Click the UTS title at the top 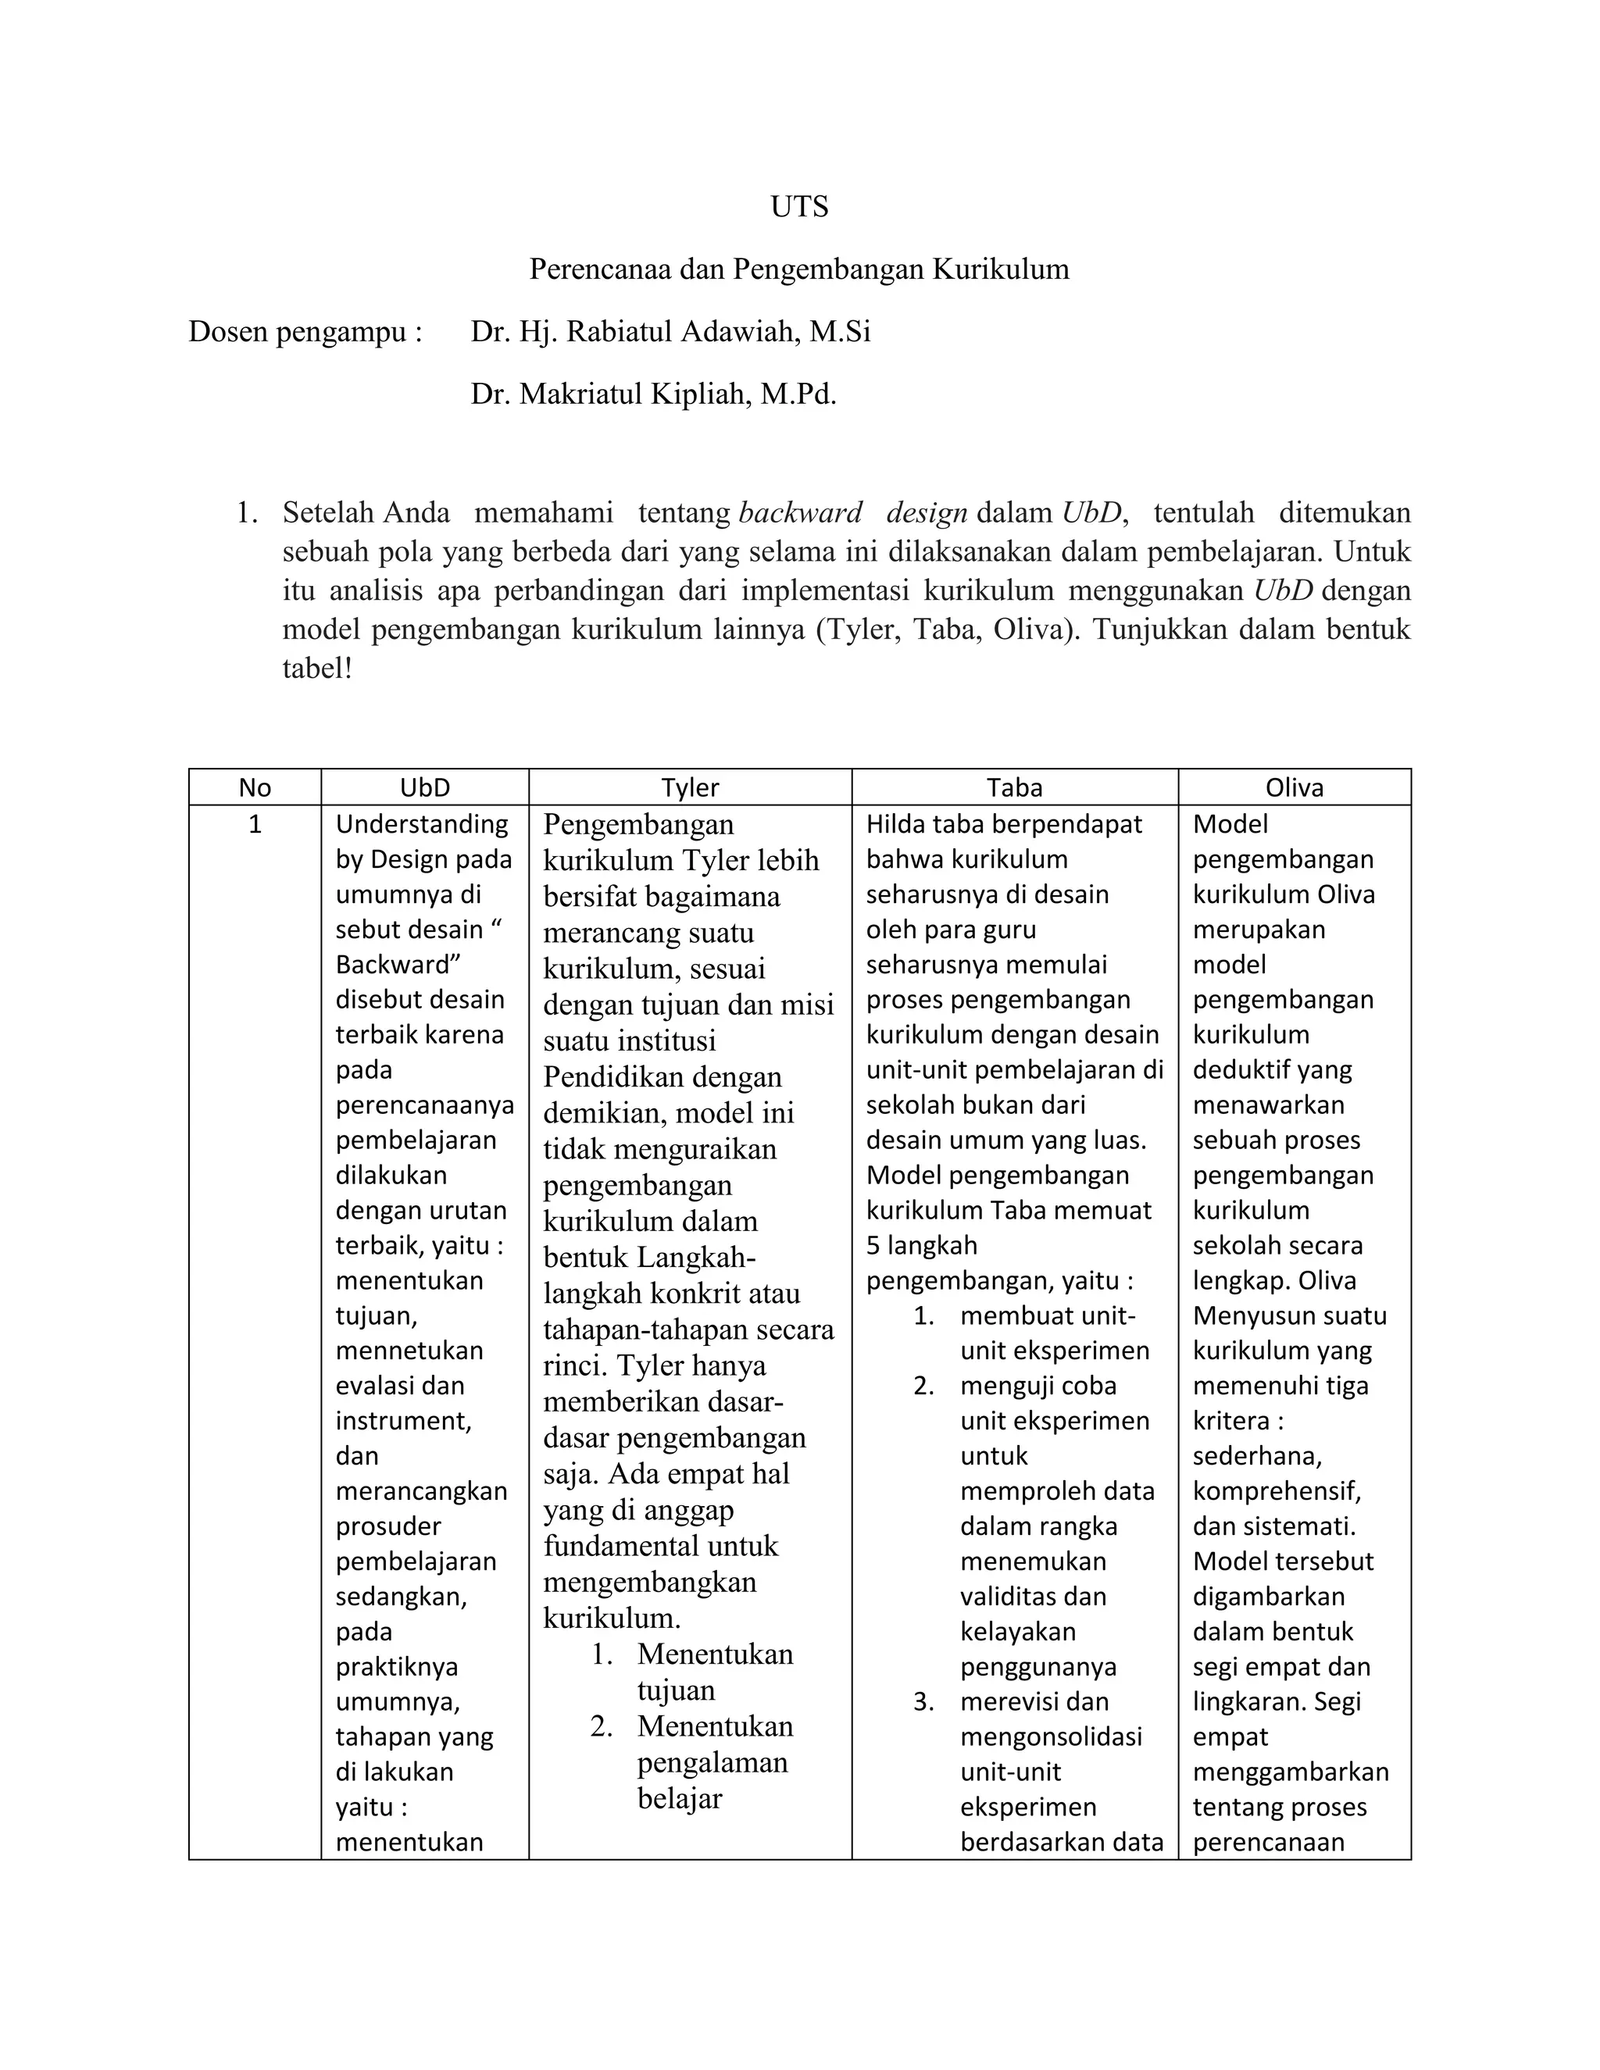799,207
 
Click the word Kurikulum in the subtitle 1000,269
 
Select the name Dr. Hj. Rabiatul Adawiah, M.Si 670,332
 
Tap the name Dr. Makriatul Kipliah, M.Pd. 653,394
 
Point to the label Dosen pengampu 304,332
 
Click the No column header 255,787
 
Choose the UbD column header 425,787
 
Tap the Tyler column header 690,787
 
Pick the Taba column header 1014,787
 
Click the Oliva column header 1294,787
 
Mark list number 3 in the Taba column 923,1701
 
